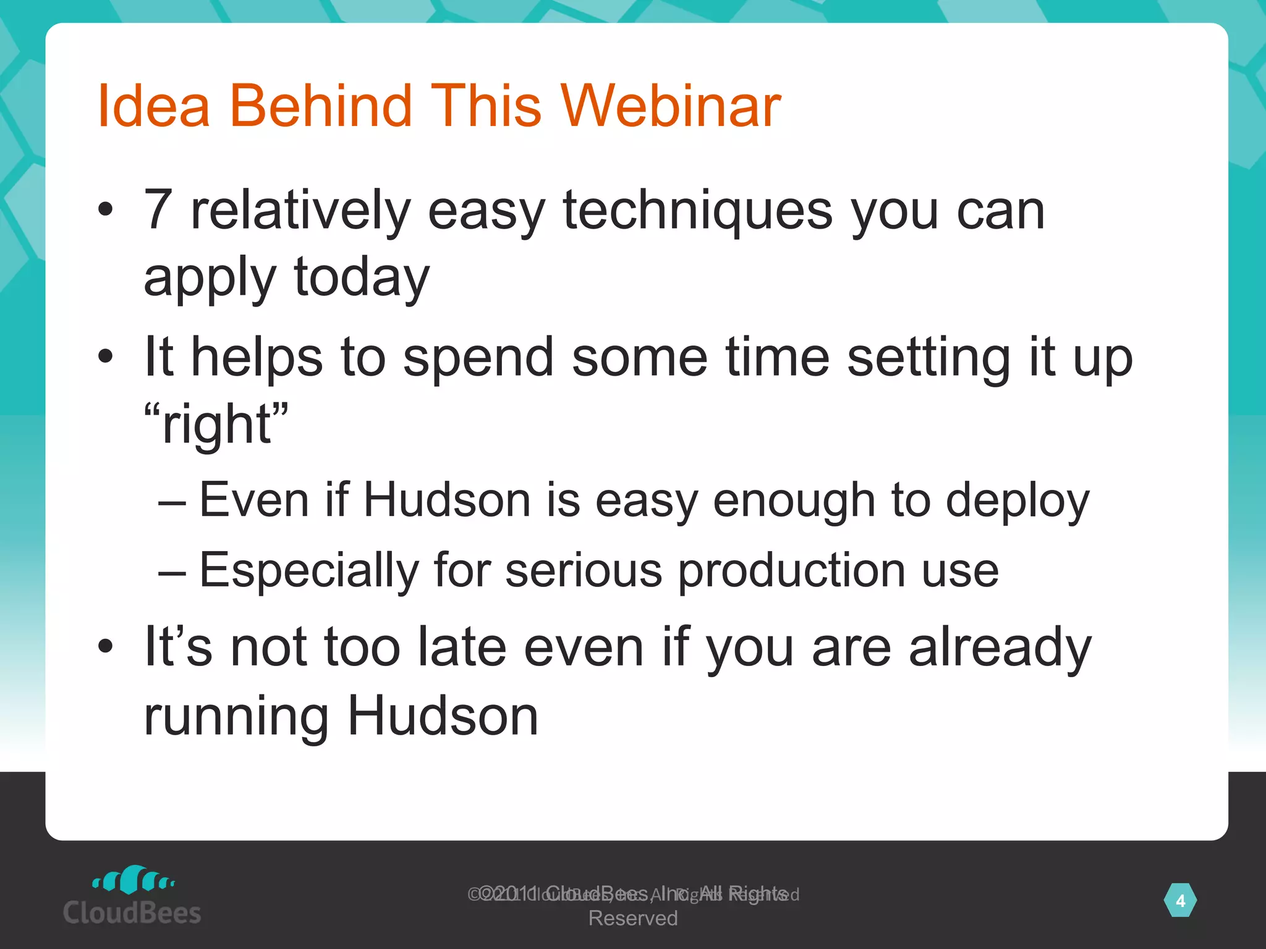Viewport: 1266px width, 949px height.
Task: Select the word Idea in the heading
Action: click(x=154, y=106)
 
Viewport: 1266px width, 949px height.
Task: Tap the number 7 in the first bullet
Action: click(x=158, y=210)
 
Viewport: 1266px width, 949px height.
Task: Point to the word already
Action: click(x=1000, y=648)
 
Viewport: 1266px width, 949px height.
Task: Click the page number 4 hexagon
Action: click(x=1179, y=901)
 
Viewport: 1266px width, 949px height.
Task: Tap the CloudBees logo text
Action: click(x=132, y=913)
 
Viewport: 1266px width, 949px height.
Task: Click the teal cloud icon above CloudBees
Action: click(x=133, y=879)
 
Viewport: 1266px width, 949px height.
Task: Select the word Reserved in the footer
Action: click(x=632, y=918)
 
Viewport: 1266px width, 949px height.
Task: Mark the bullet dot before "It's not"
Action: click(x=106, y=646)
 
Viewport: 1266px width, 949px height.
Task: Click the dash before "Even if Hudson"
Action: click(x=171, y=502)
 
